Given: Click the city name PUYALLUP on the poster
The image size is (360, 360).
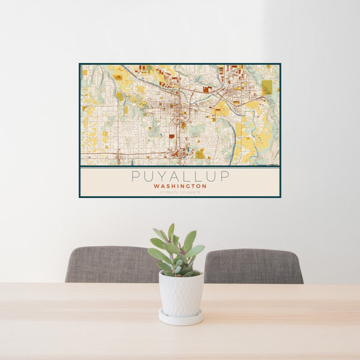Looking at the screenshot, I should pos(180,176).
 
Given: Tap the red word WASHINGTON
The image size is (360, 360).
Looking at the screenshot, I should pos(180,186).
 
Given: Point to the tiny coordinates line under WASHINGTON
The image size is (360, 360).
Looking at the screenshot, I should pos(180,191).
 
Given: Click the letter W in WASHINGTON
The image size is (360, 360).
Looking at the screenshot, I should pos(156,186).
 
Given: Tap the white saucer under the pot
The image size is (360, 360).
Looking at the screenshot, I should pos(181,318).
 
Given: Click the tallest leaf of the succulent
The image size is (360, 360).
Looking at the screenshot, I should pos(171,231).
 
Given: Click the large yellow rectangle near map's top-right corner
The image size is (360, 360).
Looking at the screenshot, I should pos(267,88).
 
